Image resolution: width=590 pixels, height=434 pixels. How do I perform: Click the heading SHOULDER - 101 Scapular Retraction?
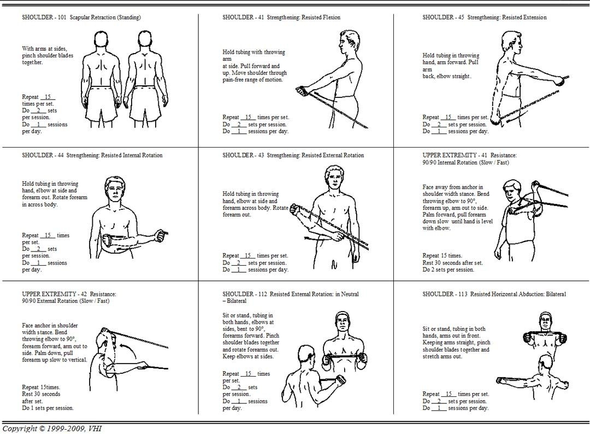point(81,17)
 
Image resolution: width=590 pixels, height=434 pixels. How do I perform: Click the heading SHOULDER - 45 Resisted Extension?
point(484,17)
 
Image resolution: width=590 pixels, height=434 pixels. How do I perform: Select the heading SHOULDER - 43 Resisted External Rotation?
point(293,155)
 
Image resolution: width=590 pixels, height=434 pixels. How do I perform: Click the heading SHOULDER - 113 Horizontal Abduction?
point(494,294)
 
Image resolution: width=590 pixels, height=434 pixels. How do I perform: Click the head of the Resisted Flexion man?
point(347,40)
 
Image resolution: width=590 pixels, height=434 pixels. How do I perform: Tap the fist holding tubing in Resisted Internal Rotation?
point(162,235)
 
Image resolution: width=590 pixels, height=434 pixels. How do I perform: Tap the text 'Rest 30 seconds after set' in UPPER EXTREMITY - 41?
point(452,262)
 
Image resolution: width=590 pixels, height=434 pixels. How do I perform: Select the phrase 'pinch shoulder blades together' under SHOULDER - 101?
point(48,59)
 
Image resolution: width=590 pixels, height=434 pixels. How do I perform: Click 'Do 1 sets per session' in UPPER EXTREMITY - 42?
point(48,408)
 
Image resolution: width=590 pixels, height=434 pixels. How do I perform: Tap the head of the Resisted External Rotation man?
point(332,178)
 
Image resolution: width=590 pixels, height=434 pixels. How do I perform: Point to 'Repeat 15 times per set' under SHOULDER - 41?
point(255,117)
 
